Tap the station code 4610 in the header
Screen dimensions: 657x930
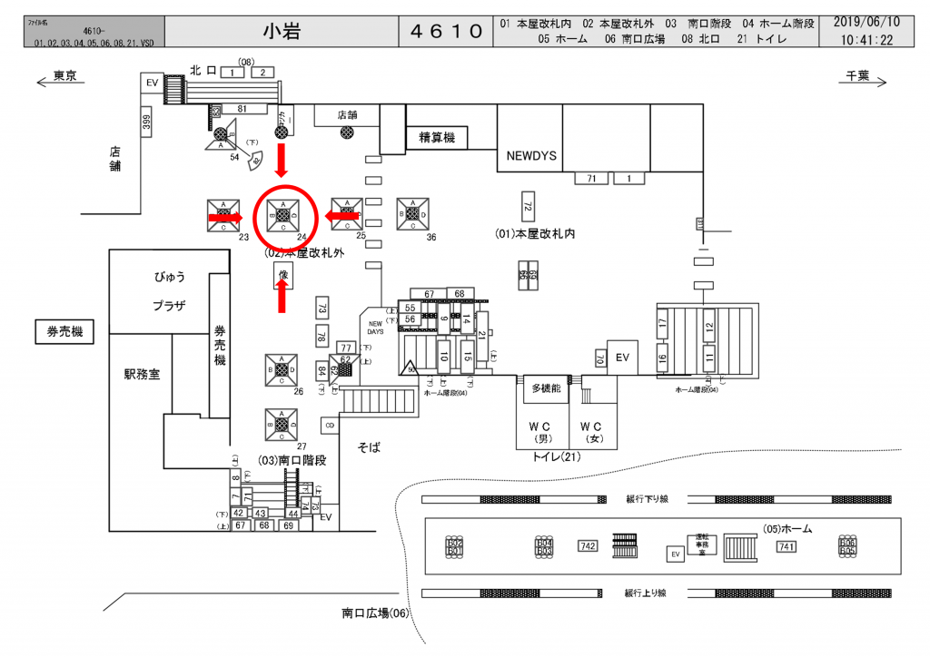[446, 31]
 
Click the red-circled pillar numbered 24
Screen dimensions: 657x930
[282, 215]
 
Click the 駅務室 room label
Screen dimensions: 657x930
[142, 373]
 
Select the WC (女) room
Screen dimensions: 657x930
[592, 431]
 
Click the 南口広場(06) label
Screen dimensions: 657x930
[376, 613]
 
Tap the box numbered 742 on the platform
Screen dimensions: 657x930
[587, 546]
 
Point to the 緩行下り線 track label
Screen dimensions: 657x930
[647, 499]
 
